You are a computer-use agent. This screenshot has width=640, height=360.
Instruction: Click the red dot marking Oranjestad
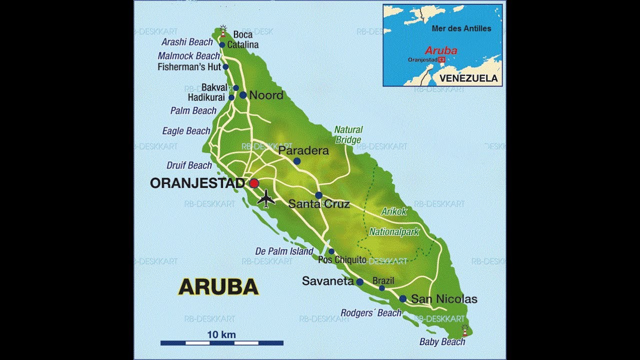(254, 183)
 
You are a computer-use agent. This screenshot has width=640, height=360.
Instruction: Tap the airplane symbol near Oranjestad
(266, 198)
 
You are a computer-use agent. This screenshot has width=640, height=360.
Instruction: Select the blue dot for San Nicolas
(402, 298)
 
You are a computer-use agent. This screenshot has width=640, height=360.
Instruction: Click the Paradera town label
(303, 150)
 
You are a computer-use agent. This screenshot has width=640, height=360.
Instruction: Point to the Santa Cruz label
(319, 204)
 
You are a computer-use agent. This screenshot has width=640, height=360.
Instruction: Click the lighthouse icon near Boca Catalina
(223, 31)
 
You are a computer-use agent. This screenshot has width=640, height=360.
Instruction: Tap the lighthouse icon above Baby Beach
(465, 330)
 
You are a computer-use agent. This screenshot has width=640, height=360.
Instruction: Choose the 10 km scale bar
(222, 342)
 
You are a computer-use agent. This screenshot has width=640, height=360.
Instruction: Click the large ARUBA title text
(218, 287)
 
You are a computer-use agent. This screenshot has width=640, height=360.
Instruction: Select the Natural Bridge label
(348, 135)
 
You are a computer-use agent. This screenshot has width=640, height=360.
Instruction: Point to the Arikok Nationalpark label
(394, 221)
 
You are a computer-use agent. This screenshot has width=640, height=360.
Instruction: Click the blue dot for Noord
(243, 94)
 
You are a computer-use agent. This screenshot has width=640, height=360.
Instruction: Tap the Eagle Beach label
(186, 131)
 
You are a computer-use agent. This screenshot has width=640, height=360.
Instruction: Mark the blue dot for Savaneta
(359, 282)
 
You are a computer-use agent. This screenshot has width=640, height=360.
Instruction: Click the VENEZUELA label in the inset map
(468, 78)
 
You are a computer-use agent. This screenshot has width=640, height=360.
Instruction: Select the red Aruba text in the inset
(440, 50)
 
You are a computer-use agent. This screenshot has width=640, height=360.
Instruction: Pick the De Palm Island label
(284, 251)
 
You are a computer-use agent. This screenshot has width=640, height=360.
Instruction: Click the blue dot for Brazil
(382, 288)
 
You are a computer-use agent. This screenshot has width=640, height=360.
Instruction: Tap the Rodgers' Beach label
(371, 313)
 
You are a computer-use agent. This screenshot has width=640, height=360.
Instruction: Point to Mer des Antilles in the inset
(461, 28)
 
